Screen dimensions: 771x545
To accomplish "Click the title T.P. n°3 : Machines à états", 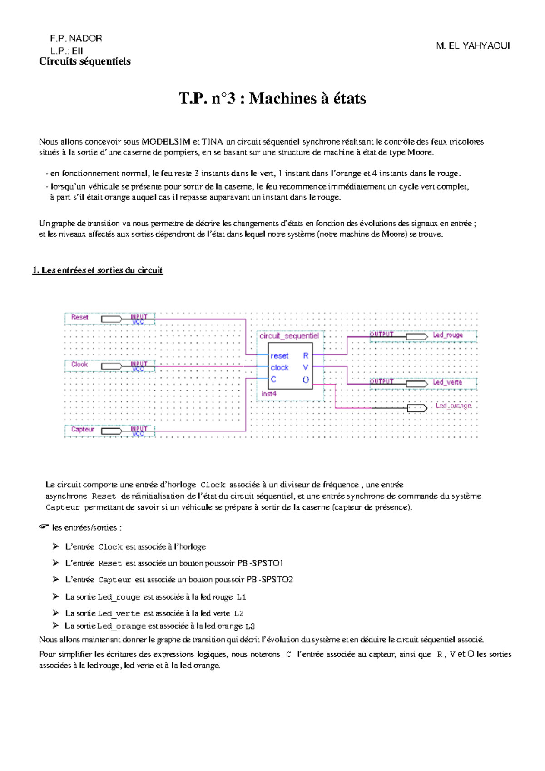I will click(272, 98).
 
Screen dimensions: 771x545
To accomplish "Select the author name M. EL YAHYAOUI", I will click(473, 46).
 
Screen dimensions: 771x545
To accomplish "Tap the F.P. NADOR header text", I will click(76, 38).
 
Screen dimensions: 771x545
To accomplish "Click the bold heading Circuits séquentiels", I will click(85, 61).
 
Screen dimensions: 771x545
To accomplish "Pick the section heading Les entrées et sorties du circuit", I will click(98, 270).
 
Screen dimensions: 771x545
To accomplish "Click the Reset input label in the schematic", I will click(79, 317).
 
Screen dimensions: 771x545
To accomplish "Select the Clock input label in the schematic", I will click(79, 365).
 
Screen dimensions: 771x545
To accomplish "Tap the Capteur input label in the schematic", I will click(83, 429).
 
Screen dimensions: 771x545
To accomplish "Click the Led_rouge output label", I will click(447, 335).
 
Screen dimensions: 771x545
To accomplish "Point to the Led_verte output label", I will click(447, 382).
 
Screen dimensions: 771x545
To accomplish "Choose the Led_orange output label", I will click(453, 406).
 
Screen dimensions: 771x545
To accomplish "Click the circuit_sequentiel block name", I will click(289, 336).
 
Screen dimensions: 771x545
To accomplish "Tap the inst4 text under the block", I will click(269, 394).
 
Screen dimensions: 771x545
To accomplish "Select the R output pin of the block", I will click(306, 356).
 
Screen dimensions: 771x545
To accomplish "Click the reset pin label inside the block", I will click(279, 356).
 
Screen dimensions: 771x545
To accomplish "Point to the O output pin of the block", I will click(306, 380).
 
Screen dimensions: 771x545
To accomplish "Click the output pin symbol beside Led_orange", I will click(417, 408).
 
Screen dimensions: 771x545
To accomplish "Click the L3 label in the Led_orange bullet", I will click(250, 626).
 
